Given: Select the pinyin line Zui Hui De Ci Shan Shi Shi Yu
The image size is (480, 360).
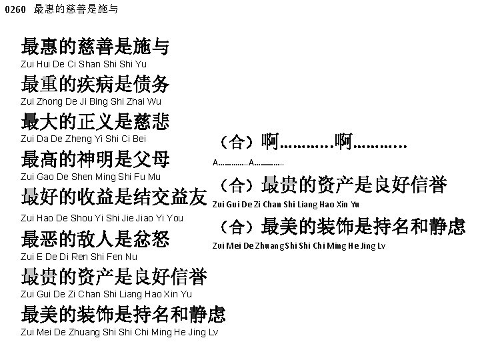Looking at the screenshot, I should (x=83, y=64).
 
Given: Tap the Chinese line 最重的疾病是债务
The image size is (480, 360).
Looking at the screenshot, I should (x=95, y=84).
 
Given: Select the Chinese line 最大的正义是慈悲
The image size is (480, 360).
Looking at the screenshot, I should (x=95, y=121).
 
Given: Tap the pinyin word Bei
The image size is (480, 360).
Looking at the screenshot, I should (x=138, y=139).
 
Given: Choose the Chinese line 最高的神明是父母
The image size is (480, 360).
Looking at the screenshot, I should (x=95, y=159).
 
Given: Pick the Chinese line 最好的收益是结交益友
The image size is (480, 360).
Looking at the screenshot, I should (x=114, y=197).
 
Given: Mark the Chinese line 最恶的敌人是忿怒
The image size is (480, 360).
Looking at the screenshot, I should (x=95, y=238).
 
